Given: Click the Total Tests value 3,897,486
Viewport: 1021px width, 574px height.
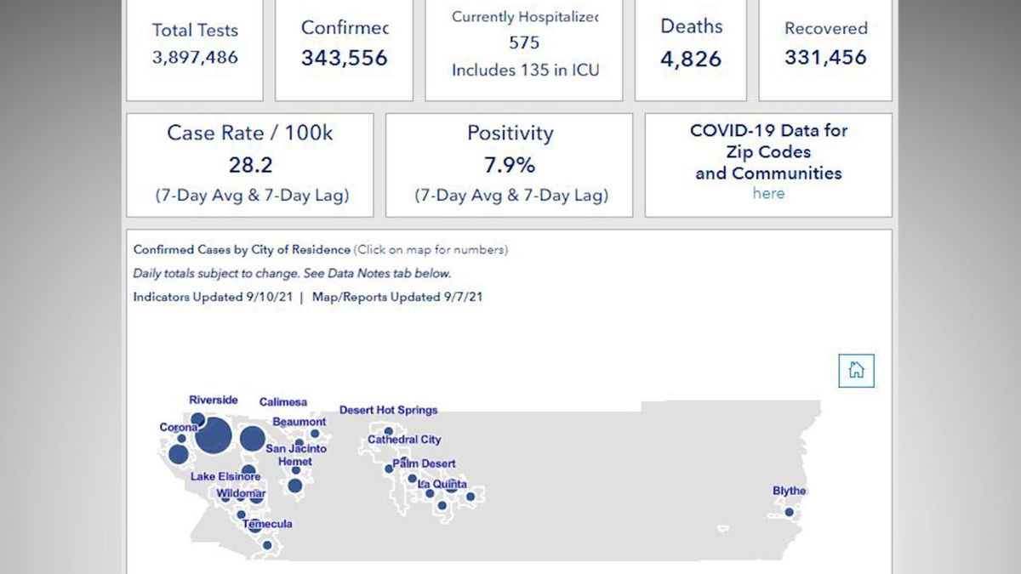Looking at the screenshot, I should [x=195, y=58].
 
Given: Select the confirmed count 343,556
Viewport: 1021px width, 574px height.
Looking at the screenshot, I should [x=344, y=58].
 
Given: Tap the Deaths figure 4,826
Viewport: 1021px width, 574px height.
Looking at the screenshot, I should [x=691, y=60].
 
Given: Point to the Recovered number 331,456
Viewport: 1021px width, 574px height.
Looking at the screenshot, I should [x=825, y=58].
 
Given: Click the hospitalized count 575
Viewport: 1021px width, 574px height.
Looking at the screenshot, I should [x=524, y=43].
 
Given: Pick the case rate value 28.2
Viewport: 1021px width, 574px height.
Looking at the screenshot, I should [x=250, y=165].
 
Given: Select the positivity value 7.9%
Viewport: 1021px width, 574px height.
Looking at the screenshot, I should [x=510, y=165].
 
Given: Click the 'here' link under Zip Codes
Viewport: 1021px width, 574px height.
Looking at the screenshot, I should [x=768, y=193].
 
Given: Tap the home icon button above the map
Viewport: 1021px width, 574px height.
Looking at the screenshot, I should [x=856, y=370].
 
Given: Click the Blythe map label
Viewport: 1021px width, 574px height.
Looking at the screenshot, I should [x=789, y=491].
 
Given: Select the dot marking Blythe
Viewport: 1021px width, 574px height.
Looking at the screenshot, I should [x=790, y=512].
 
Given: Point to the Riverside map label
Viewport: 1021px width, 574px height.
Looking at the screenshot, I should [x=214, y=400].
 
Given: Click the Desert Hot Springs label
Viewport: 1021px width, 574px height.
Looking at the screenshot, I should [x=388, y=410].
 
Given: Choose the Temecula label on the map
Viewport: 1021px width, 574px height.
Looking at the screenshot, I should [x=267, y=524].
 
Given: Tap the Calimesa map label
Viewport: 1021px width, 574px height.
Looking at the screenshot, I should [x=283, y=402].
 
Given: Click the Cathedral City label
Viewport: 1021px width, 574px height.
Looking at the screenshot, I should [x=404, y=440].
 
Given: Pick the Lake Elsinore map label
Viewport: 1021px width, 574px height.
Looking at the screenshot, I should [x=225, y=476].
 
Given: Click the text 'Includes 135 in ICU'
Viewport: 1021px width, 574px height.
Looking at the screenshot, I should [x=525, y=71].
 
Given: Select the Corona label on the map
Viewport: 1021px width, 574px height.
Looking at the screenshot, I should [x=179, y=427].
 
